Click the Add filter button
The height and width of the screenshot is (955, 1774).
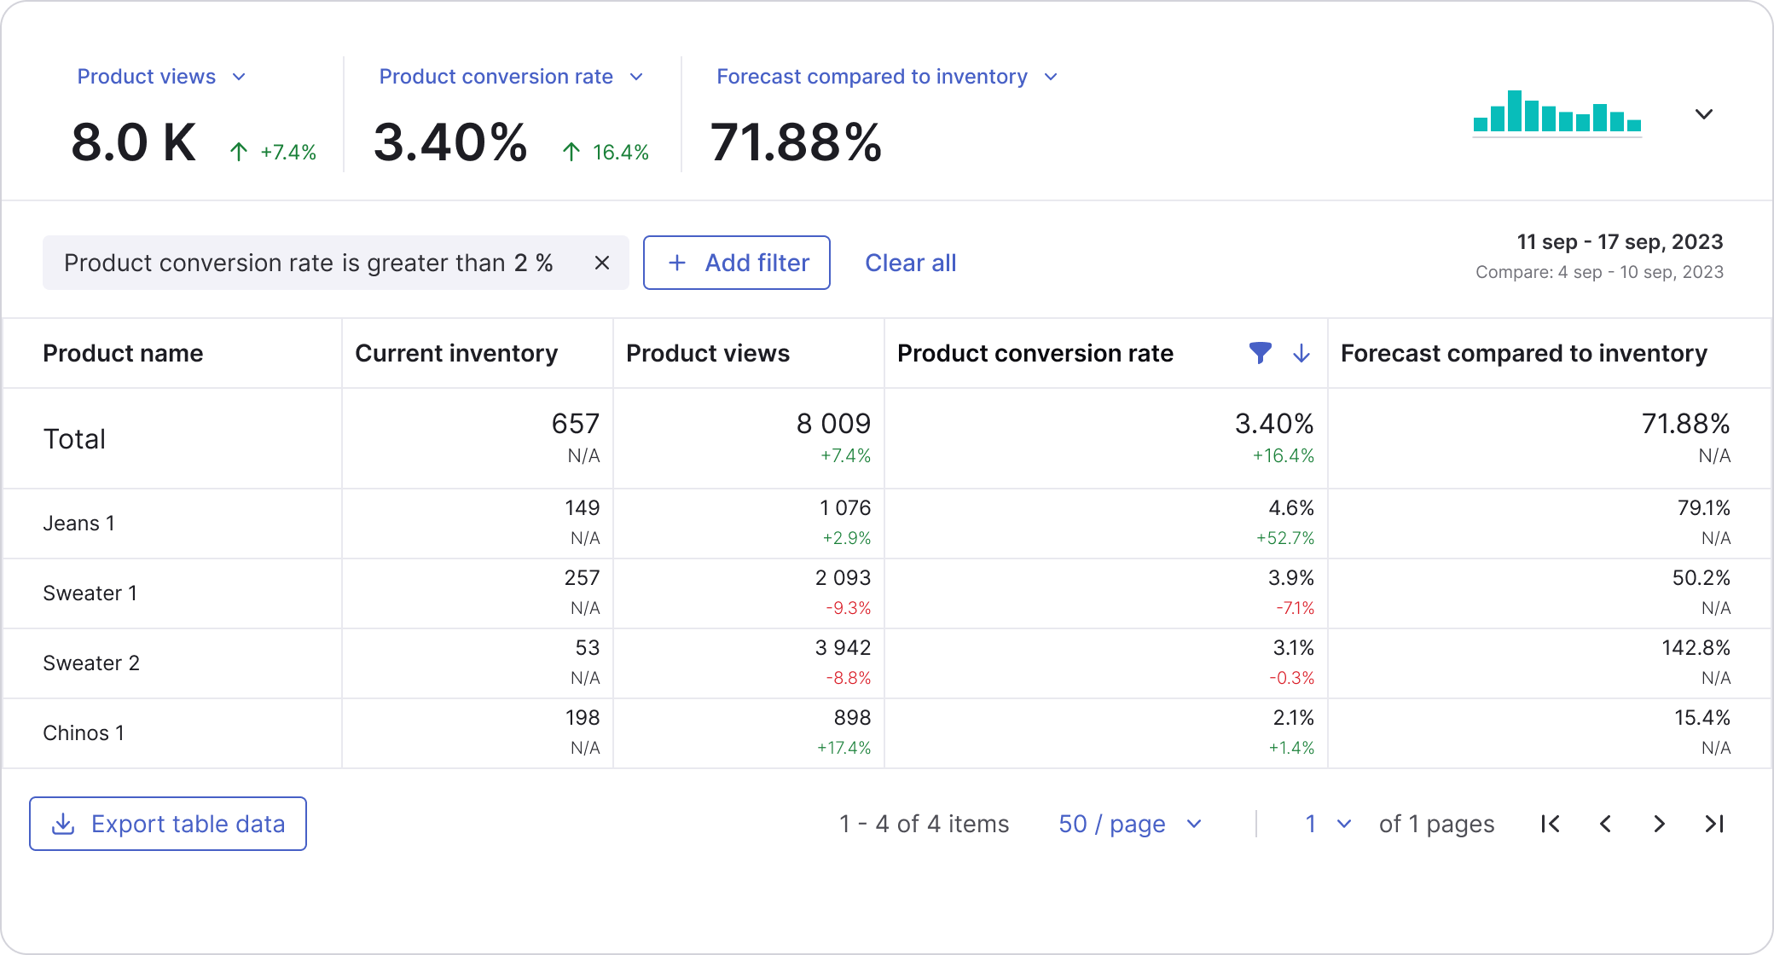point(736,263)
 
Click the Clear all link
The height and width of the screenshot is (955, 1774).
point(910,263)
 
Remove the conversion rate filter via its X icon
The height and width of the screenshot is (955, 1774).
point(601,263)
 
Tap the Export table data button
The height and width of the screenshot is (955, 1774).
point(168,824)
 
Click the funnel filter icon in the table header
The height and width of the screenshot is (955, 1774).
point(1260,353)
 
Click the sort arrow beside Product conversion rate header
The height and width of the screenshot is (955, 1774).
point(1301,353)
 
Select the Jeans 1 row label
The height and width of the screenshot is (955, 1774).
point(78,524)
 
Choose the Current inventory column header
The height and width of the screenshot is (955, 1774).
point(456,353)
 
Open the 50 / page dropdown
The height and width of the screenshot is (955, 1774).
point(1129,824)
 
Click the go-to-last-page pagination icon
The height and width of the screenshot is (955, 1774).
point(1714,824)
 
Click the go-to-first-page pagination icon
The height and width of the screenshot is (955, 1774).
point(1551,824)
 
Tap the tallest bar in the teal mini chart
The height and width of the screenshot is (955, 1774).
point(1514,111)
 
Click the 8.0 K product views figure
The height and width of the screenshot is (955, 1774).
point(134,142)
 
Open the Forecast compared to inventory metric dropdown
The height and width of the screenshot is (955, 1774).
point(1051,77)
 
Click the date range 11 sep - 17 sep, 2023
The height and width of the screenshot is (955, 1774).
point(1619,242)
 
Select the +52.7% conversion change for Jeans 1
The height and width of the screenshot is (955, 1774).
point(1284,538)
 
